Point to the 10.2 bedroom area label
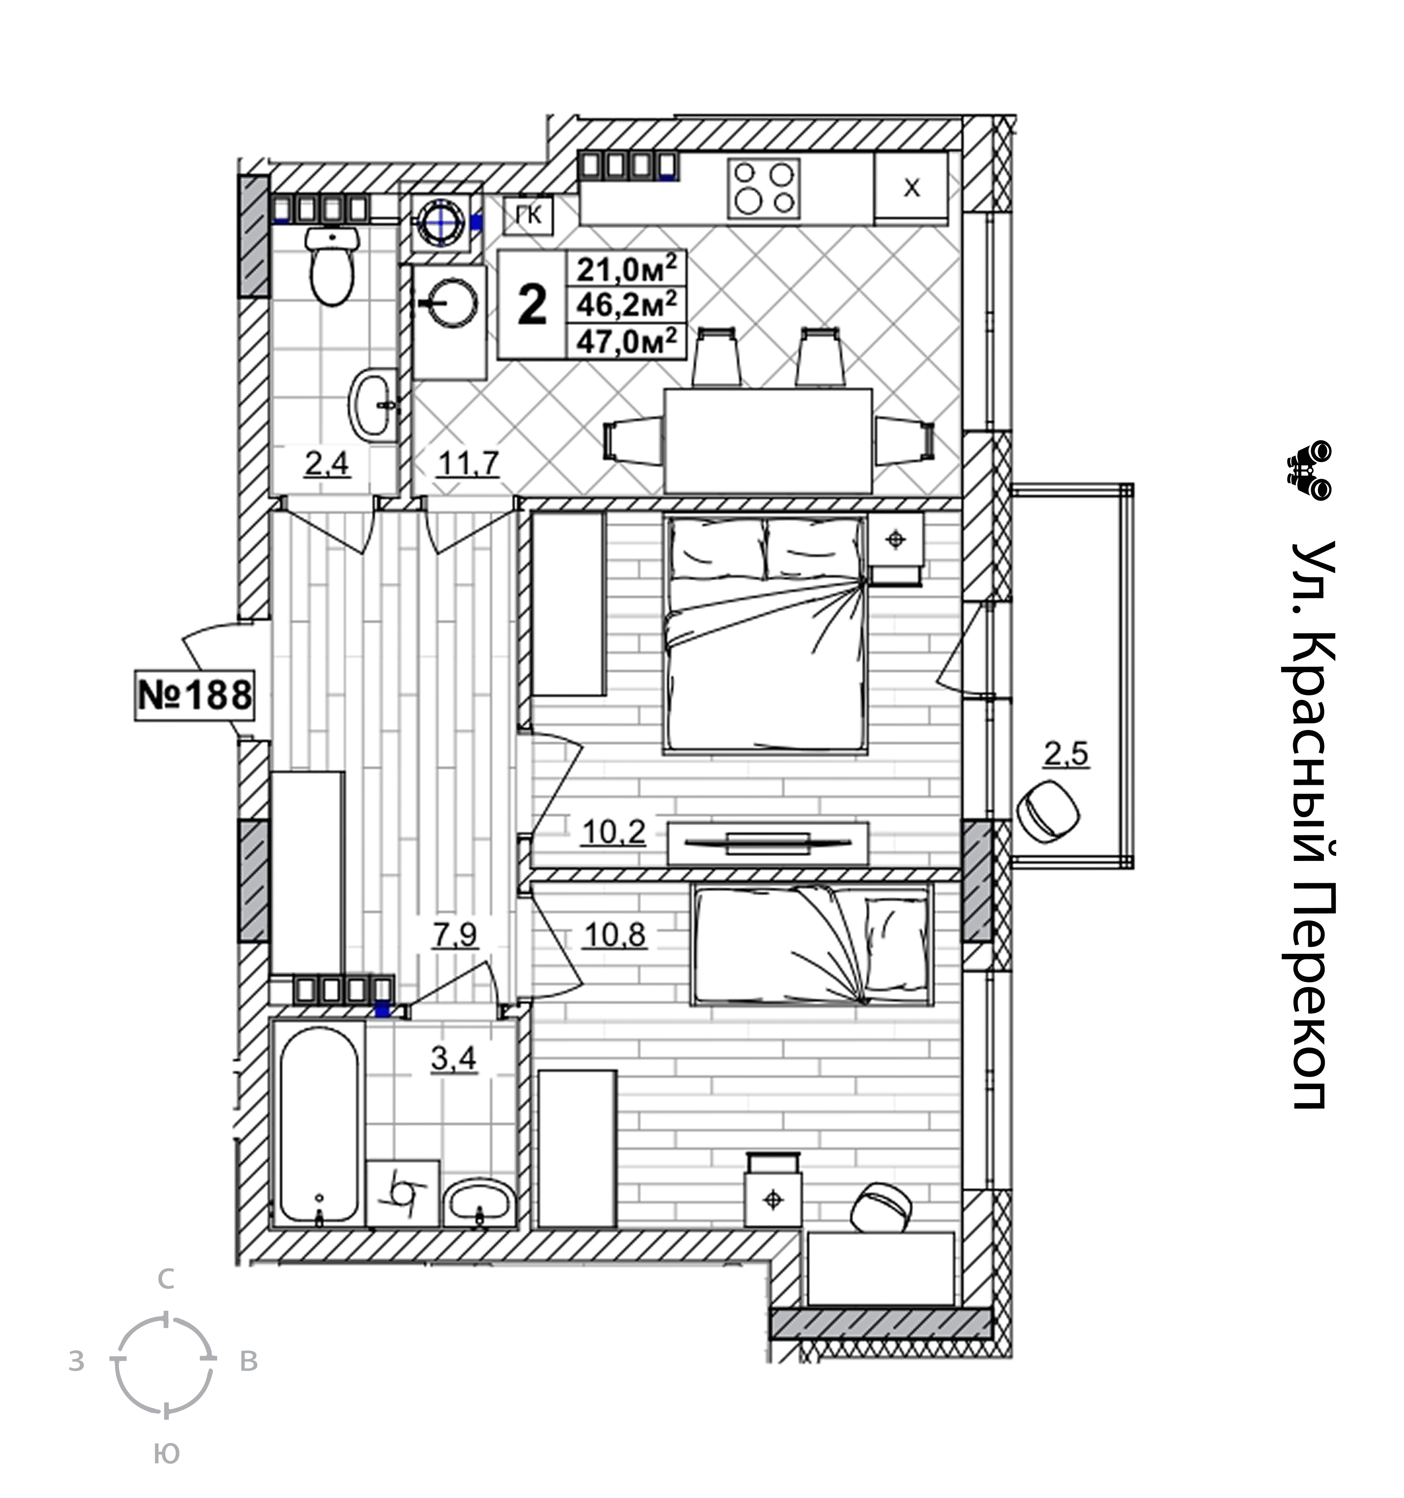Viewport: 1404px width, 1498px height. tap(613, 833)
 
